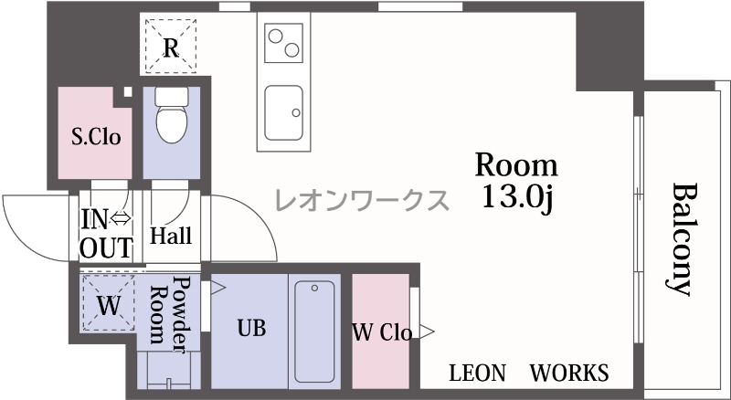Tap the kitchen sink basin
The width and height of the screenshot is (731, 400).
283,112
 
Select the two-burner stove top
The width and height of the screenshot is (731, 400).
283,43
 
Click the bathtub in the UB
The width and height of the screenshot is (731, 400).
314,331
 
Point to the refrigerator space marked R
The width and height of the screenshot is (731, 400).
171,46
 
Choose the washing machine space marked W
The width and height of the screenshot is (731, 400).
109,303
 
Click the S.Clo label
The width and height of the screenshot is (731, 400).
96,137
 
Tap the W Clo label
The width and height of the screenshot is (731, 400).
382,332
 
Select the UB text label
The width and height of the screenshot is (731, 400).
252,328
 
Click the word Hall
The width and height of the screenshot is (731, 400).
171,236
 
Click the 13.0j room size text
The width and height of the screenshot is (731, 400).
517,197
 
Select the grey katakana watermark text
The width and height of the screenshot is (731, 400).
362,201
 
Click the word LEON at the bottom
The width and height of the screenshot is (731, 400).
477,373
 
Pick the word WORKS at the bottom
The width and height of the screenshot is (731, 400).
569,373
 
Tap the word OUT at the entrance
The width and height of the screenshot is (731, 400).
106,248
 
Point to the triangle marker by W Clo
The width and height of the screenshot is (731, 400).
427,332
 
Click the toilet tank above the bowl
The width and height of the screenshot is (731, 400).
172,96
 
